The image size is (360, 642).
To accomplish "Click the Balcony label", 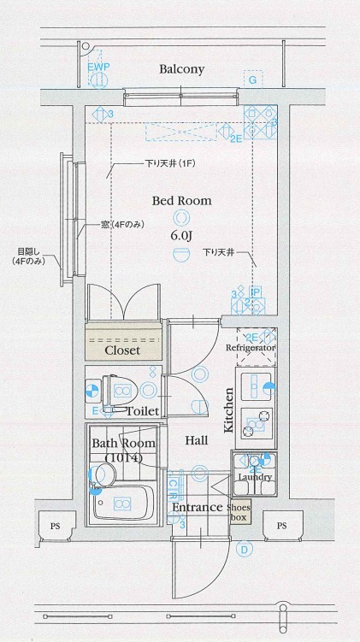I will pyautogui.click(x=180, y=69).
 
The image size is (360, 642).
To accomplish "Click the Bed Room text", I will pyautogui.click(x=181, y=201).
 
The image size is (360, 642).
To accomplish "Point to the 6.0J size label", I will pyautogui.click(x=180, y=235).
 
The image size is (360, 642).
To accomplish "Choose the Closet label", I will pyautogui.click(x=122, y=350).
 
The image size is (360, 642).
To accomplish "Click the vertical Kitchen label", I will pyautogui.click(x=229, y=410).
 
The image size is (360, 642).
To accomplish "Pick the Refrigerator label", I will pyautogui.click(x=251, y=350).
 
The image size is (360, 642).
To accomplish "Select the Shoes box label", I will pyautogui.click(x=238, y=512).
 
